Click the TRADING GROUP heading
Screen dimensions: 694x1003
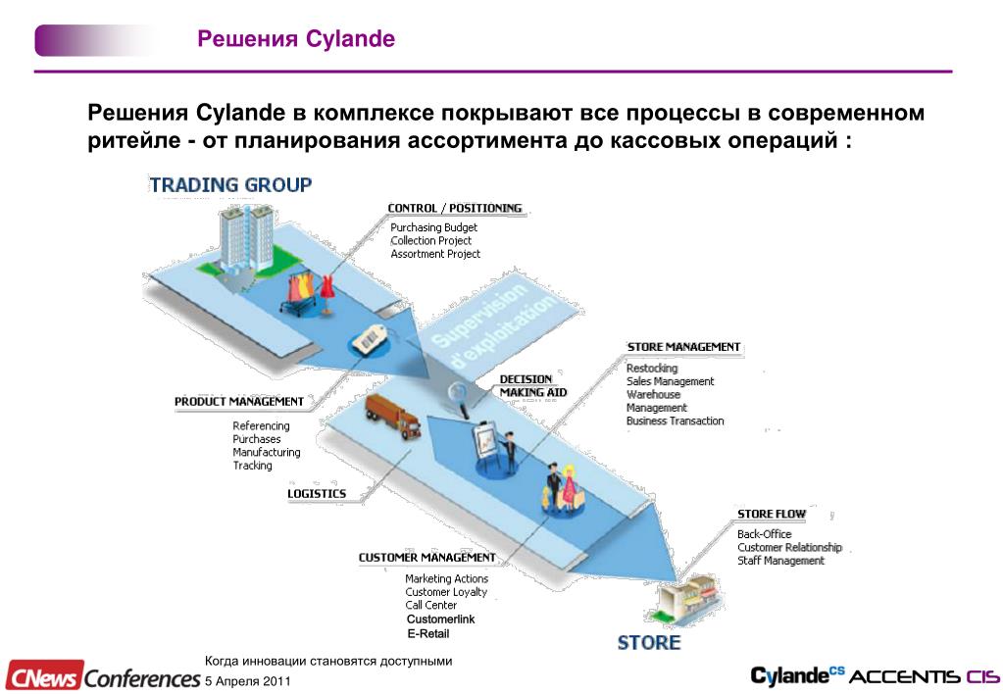click(x=230, y=184)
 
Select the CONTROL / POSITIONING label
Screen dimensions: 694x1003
click(x=455, y=208)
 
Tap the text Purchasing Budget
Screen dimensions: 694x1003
click(x=433, y=227)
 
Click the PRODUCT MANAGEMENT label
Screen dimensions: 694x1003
click(x=239, y=402)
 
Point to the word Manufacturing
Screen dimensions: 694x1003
click(x=267, y=453)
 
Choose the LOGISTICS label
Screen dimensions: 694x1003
click(x=317, y=494)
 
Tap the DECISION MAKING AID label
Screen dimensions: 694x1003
click(x=533, y=385)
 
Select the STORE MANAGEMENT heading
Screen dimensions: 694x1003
click(x=683, y=347)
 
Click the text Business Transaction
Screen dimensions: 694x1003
click(x=676, y=421)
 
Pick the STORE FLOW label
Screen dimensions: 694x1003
click(x=772, y=515)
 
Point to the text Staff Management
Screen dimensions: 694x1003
click(x=781, y=561)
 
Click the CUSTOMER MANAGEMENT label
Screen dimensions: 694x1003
click(x=426, y=558)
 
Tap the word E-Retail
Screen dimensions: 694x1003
click(x=427, y=634)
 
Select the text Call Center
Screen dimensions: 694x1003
click(x=431, y=606)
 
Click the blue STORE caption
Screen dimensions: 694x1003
click(x=648, y=643)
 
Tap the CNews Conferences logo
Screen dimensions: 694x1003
click(x=102, y=676)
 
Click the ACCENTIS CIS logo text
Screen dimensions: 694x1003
click(x=924, y=676)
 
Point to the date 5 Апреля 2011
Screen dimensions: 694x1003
click(x=247, y=681)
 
